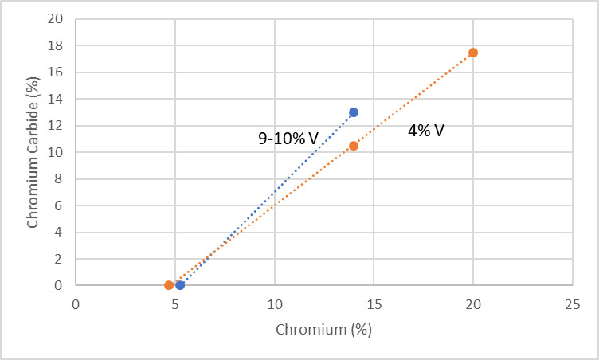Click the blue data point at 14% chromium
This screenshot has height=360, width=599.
tap(354, 112)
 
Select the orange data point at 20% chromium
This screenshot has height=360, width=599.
tap(473, 53)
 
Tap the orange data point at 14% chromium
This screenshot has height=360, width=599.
tap(354, 146)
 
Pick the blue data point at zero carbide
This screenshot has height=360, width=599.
tap(180, 284)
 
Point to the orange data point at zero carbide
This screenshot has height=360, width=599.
tap(169, 284)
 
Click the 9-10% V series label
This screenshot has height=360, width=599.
tap(288, 139)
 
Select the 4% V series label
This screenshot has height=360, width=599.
tap(425, 131)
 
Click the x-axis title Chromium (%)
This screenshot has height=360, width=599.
tap(324, 329)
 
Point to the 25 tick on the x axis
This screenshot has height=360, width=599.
tap(572, 305)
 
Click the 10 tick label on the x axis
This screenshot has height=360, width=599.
tap(274, 305)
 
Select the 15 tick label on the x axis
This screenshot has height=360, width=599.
tap(374, 305)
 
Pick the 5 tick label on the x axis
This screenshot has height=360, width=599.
tap(175, 305)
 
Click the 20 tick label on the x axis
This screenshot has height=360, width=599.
tap(473, 305)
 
